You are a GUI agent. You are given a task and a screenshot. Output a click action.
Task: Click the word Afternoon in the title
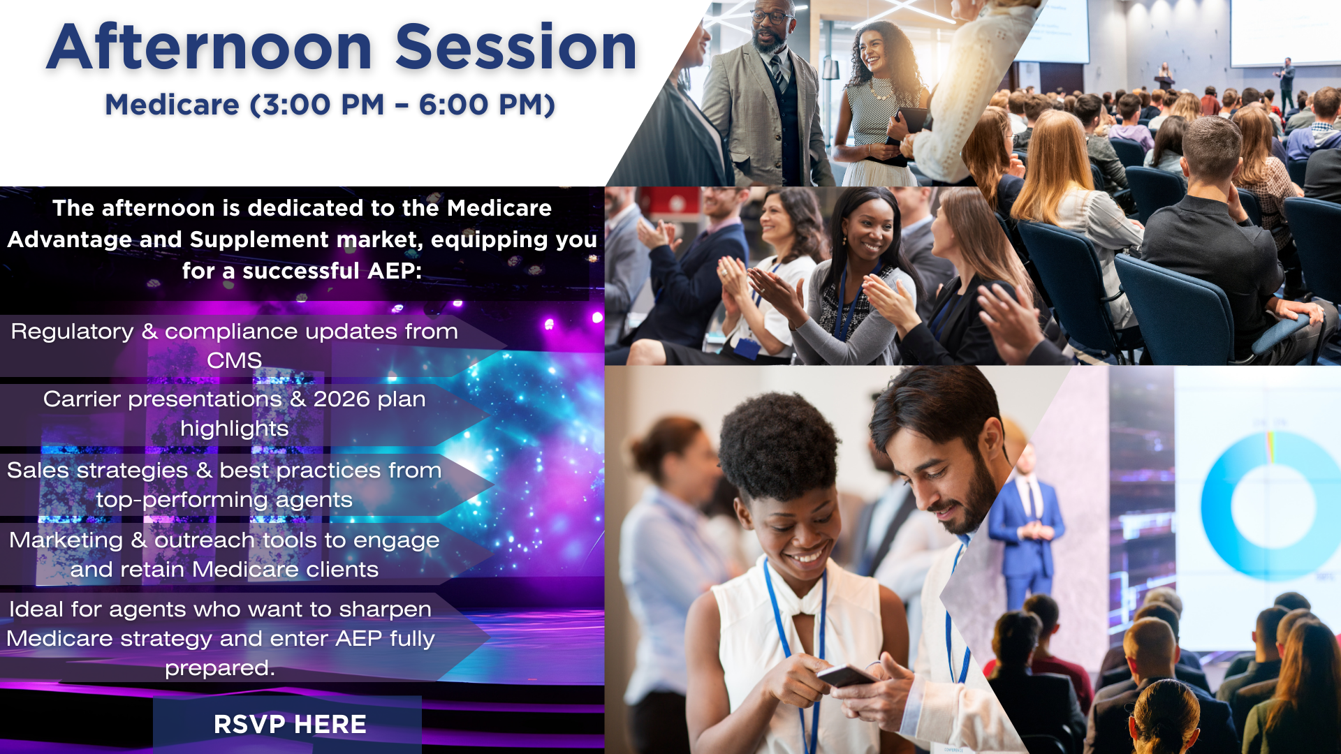(x=210, y=47)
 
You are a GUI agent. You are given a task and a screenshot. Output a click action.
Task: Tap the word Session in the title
(x=516, y=47)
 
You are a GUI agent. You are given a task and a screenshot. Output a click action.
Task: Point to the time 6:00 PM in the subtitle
(x=482, y=105)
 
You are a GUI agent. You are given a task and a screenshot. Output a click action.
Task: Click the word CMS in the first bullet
(x=235, y=360)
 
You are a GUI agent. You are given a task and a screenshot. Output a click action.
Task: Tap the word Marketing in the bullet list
(x=66, y=541)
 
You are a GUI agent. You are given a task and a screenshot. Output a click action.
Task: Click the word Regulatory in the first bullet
(x=72, y=332)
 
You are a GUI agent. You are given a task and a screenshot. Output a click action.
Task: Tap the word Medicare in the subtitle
(x=173, y=105)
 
